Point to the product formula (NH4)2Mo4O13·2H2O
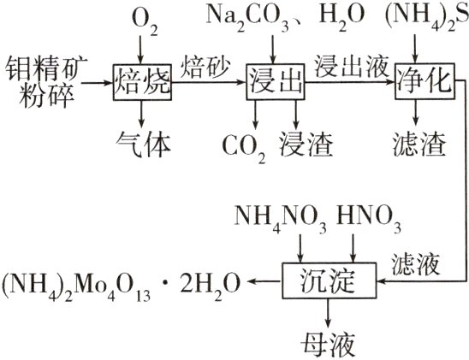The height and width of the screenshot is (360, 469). point(125,280)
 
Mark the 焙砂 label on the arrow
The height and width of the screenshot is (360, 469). point(204,64)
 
